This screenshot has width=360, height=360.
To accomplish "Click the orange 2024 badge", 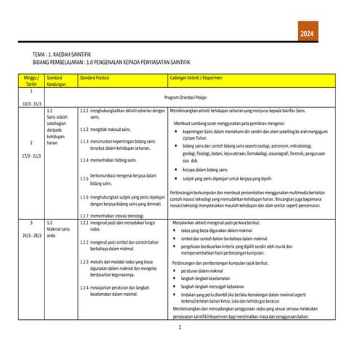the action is point(308,34).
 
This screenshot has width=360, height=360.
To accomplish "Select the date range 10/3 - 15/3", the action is point(31,104).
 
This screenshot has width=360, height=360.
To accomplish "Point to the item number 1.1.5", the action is point(84,178).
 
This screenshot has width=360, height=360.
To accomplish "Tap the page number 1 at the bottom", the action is point(180,329).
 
